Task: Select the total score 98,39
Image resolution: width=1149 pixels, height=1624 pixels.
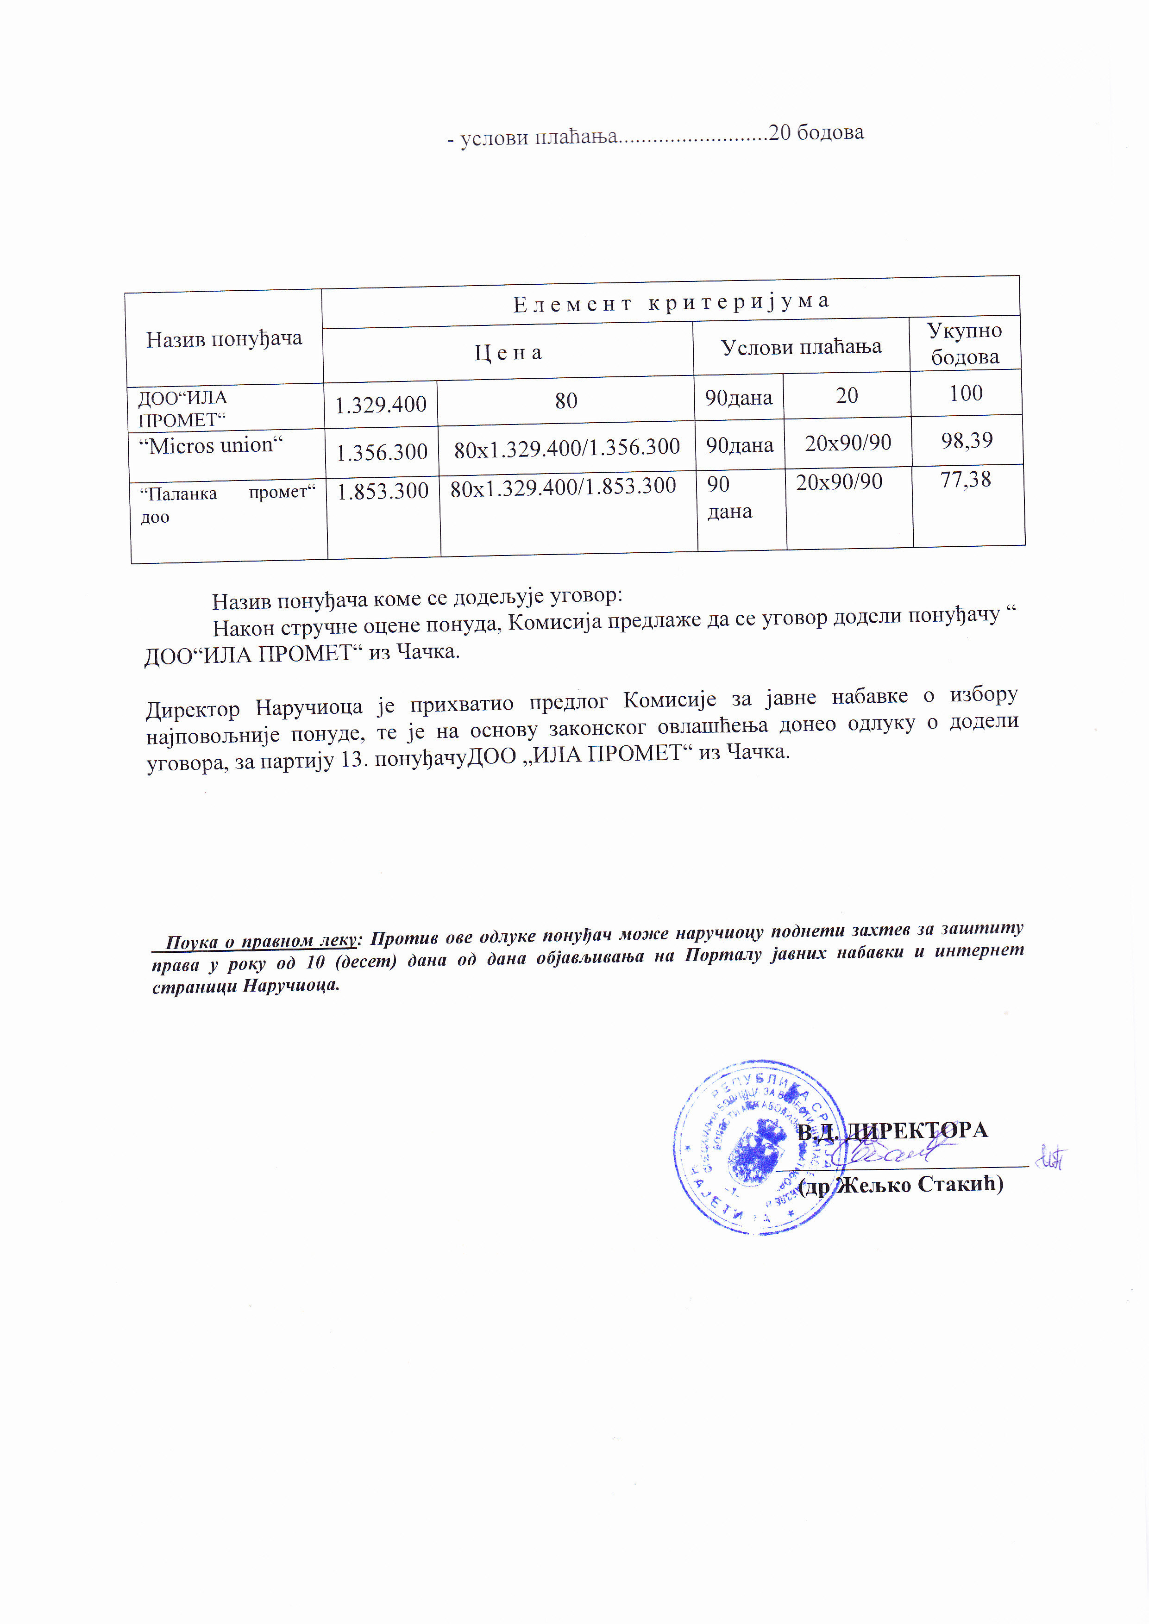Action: (967, 441)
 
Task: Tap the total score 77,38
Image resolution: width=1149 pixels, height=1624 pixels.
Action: (965, 480)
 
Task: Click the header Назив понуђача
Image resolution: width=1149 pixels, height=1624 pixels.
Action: (224, 339)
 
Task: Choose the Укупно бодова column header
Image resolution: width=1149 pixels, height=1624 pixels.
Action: (964, 343)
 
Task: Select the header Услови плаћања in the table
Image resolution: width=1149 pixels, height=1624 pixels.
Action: (800, 347)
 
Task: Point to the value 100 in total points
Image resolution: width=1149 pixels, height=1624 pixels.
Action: (965, 393)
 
